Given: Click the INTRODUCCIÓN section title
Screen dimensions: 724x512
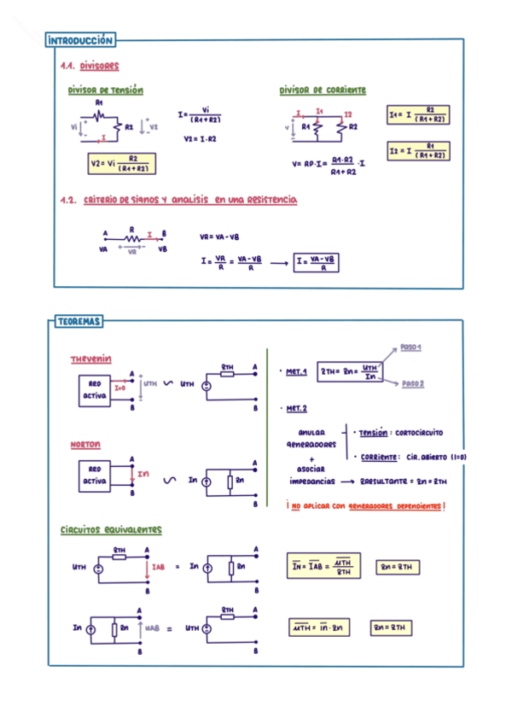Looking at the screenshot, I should point(81,40).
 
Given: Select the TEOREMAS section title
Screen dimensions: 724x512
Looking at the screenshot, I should point(79,322).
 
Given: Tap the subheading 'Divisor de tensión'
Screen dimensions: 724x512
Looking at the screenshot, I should point(106,90).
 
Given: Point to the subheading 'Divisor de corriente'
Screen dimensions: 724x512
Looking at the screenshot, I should point(323,90).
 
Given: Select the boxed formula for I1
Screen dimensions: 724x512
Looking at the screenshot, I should point(417,114).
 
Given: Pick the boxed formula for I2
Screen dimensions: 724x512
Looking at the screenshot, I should point(417,151).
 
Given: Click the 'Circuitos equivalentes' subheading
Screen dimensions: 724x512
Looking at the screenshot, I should point(111,530).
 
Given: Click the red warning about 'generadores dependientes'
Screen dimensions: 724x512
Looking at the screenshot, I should point(367,505).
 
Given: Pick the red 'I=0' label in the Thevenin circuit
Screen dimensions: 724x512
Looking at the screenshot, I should point(119,387).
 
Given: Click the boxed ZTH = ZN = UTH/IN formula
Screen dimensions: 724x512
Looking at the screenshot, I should point(349,372).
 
